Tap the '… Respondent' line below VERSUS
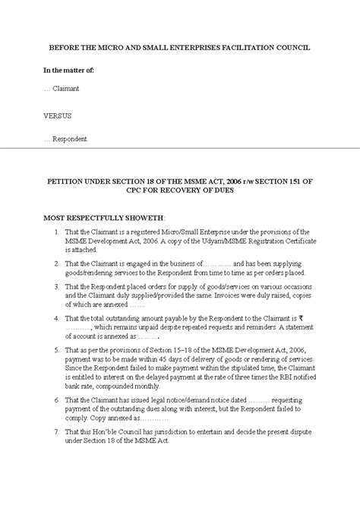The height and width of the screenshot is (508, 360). click(65, 139)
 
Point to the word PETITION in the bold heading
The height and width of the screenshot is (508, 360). click(69, 181)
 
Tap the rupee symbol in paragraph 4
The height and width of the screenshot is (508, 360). click(301, 318)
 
